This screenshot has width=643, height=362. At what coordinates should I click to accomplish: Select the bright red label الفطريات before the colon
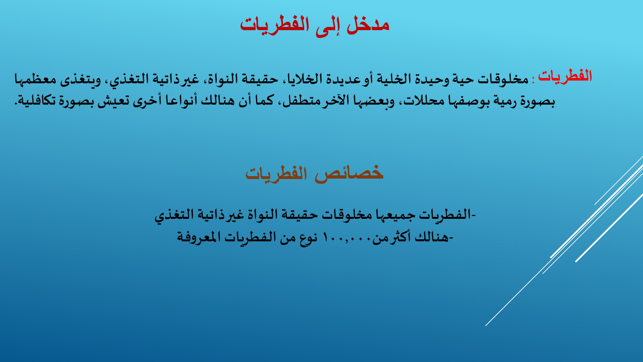[565, 76]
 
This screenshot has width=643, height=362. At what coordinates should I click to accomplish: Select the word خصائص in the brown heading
[349, 173]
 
